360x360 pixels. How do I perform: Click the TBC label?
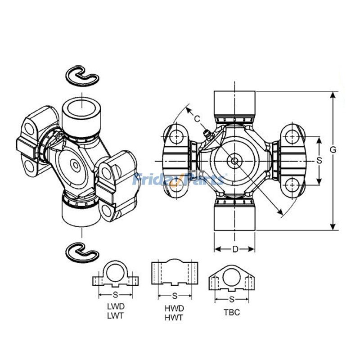tap(231, 312)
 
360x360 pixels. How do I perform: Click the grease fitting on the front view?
tap(206, 135)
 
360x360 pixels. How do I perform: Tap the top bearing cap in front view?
tap(234, 103)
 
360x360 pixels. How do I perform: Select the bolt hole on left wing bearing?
tap(175, 135)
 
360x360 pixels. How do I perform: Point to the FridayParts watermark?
tap(180, 180)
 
